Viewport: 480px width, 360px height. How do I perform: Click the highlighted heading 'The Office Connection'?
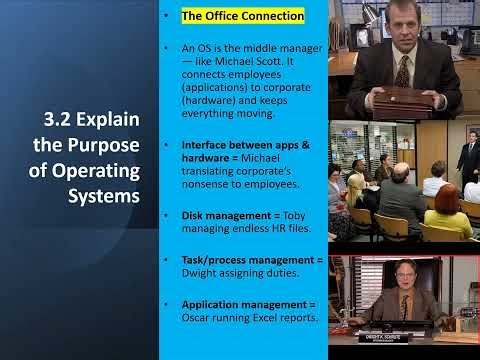[x=242, y=17]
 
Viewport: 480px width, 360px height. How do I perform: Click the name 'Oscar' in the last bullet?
[x=200, y=318]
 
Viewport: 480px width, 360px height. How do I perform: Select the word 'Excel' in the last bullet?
[x=268, y=318]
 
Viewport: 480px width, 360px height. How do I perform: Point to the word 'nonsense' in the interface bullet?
[x=208, y=172]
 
